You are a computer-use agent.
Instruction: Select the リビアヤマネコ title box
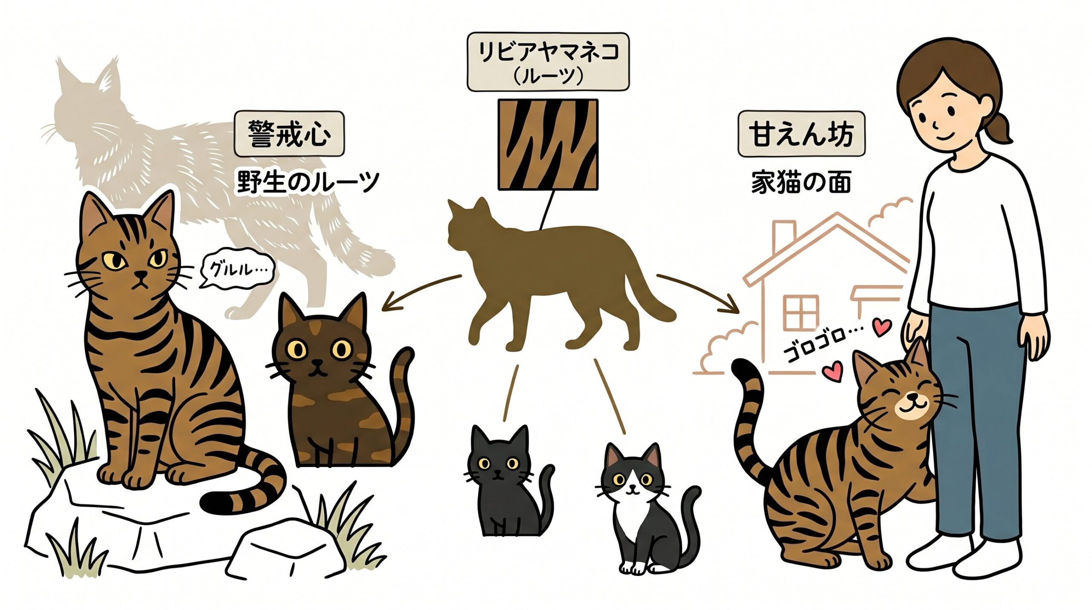(x=548, y=62)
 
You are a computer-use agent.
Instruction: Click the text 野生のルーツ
(x=308, y=182)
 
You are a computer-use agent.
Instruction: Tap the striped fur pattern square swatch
(x=548, y=144)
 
